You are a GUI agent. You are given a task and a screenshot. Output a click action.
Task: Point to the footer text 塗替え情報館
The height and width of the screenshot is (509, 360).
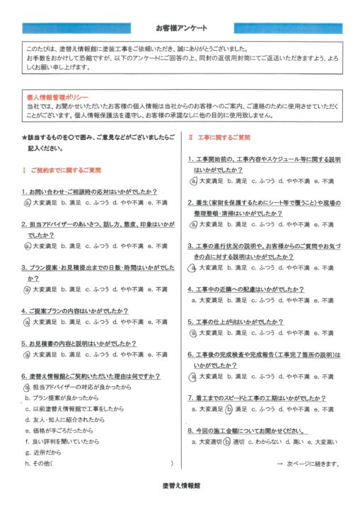pyautogui.click(x=180, y=486)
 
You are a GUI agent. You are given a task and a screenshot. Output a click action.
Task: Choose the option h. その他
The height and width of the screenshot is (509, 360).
pyautogui.click(x=39, y=463)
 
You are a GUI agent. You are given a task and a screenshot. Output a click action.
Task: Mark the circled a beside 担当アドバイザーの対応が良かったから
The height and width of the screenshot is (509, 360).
pyautogui.click(x=26, y=387)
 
